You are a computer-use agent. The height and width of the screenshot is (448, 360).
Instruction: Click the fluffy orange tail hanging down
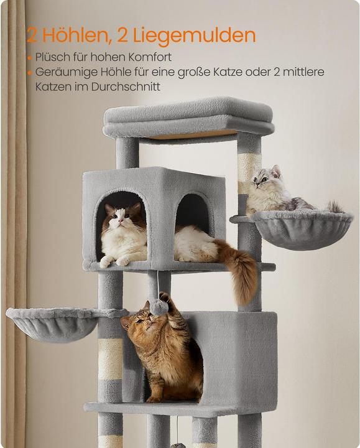(x=244, y=274)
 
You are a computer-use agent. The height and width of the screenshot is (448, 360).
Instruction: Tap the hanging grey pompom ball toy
(x=159, y=307)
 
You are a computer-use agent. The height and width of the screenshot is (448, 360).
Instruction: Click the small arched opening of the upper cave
(x=193, y=215)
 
